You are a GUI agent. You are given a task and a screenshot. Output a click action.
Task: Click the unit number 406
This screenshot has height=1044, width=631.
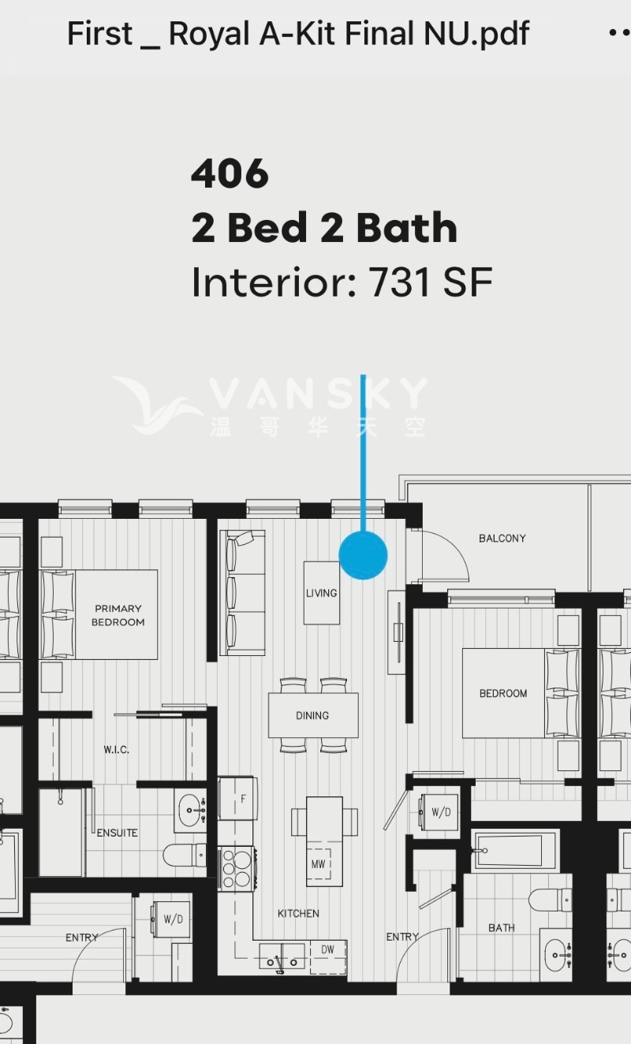point(230,173)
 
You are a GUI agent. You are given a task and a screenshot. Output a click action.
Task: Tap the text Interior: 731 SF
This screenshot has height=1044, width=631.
point(342,282)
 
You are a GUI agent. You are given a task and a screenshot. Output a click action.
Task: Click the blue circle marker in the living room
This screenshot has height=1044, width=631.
point(363,555)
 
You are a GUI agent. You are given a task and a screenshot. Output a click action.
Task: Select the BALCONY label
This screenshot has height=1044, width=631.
point(502,539)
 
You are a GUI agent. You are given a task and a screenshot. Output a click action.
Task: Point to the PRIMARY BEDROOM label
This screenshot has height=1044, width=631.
point(118,615)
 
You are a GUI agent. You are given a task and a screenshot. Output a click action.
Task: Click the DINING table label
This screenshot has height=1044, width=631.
point(312,715)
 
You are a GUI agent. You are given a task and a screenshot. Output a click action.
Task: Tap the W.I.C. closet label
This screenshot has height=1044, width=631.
point(116,749)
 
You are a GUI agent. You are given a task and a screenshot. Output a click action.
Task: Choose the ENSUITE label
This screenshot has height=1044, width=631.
point(117,833)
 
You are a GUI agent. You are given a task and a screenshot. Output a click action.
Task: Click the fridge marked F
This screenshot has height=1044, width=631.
point(238,799)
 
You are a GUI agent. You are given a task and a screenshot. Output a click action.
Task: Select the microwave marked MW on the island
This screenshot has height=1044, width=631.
point(318,863)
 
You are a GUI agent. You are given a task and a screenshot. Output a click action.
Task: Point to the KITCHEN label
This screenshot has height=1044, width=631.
point(298,913)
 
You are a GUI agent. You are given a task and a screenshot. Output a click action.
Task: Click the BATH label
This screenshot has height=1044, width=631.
point(502,928)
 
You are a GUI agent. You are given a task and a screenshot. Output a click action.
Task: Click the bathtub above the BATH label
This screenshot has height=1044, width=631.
point(515,850)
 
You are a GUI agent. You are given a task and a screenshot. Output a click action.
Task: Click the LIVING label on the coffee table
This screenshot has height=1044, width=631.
point(321,593)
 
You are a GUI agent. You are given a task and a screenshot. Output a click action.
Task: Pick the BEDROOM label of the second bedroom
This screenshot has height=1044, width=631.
point(503,694)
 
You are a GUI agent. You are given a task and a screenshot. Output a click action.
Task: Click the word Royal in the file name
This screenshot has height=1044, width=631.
point(209,34)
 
